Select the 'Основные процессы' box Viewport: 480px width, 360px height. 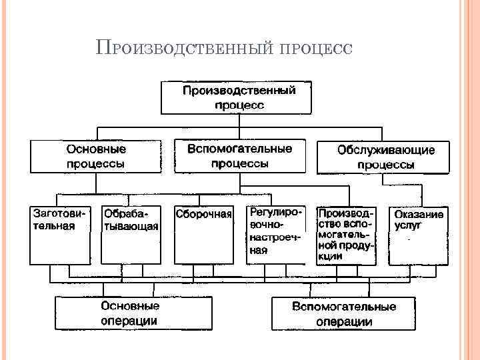96,156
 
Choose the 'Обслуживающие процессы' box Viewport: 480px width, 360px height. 385,157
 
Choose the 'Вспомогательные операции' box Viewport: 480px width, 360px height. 343,313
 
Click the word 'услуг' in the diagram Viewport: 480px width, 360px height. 408,225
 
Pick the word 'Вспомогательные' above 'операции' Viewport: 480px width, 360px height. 343,307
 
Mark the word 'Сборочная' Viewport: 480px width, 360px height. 203,214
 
